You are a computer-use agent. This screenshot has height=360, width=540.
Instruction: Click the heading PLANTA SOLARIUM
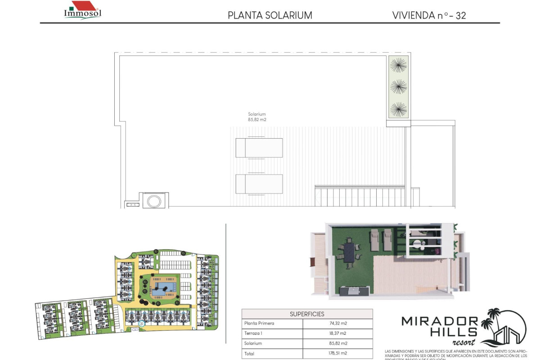click(270, 15)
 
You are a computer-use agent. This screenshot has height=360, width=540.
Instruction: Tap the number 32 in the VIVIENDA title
click(460, 15)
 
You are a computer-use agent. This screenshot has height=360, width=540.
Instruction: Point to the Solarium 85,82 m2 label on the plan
click(257, 117)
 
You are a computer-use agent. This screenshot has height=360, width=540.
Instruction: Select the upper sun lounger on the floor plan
click(259, 148)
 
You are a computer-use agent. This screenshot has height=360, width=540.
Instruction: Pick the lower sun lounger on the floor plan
click(259, 184)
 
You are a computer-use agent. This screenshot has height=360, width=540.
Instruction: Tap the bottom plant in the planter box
click(398, 109)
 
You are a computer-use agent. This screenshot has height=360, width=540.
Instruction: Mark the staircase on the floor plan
click(360, 196)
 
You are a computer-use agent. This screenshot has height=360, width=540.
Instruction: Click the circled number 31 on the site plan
click(142, 323)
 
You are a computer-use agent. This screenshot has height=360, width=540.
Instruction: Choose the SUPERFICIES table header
click(307, 314)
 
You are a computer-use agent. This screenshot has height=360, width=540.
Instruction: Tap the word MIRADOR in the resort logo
click(440, 321)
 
